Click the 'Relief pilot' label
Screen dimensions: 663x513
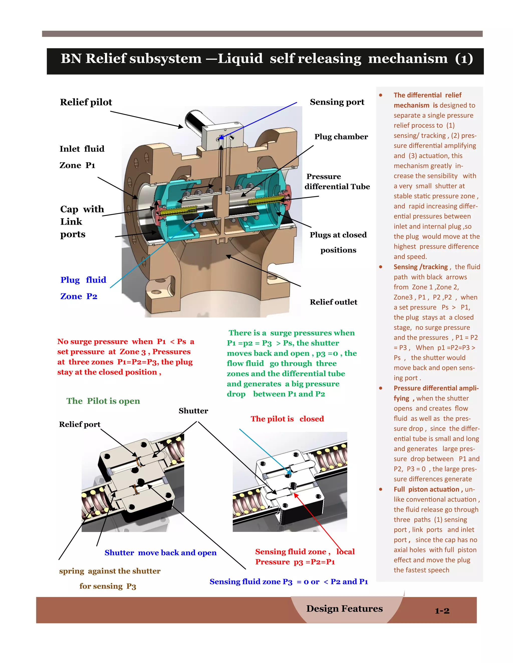86,102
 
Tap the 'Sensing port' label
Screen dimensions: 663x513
337,102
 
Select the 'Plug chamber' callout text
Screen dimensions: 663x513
341,137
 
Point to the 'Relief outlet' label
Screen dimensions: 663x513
333,302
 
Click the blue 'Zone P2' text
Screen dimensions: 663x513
79,296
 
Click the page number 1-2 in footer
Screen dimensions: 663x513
442,611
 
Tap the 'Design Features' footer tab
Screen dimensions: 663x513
344,609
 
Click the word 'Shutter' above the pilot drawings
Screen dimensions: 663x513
193,411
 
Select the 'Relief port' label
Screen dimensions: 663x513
80,424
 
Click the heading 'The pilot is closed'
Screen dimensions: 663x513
287,419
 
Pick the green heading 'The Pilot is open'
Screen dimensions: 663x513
103,401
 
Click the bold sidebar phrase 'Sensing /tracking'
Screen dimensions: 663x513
421,267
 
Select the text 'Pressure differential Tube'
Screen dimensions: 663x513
337,182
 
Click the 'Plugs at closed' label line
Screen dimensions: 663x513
338,235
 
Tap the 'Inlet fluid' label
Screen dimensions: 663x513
82,149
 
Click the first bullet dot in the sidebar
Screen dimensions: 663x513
380,95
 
